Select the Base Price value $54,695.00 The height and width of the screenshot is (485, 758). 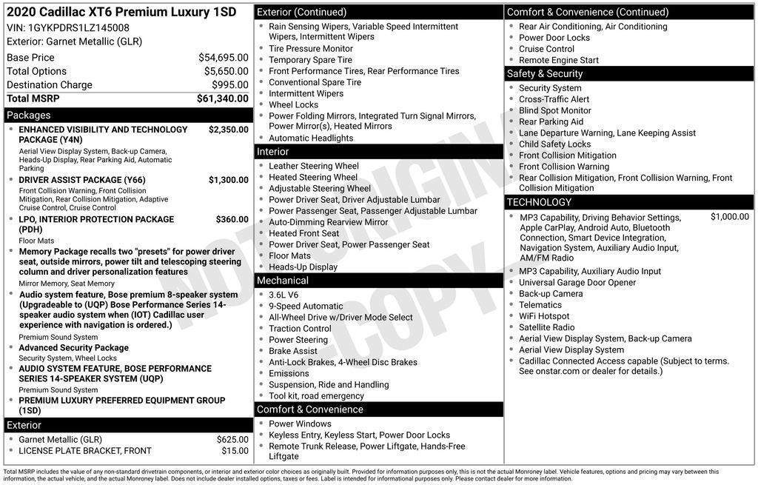click(x=223, y=58)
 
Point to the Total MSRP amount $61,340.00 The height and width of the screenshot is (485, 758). click(x=222, y=98)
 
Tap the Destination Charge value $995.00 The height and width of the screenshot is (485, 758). click(x=230, y=85)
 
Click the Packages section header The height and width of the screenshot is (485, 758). click(x=29, y=116)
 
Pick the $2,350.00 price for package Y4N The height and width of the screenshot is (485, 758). click(x=228, y=130)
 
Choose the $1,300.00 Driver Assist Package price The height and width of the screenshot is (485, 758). click(x=228, y=180)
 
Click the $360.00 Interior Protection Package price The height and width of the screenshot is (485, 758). click(x=232, y=219)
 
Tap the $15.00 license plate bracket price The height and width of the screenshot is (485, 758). click(x=235, y=451)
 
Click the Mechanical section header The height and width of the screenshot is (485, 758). click(x=282, y=281)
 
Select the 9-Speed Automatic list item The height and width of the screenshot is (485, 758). click(x=306, y=306)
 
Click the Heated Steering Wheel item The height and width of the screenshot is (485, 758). click(x=313, y=178)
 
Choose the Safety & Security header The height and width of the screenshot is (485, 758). click(x=544, y=73)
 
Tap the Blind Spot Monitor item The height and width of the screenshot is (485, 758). click(x=555, y=111)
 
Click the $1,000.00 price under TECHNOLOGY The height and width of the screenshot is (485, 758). click(x=729, y=217)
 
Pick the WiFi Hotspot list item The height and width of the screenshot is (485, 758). click(x=544, y=316)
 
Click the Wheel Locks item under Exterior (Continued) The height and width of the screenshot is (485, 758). click(x=293, y=105)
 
